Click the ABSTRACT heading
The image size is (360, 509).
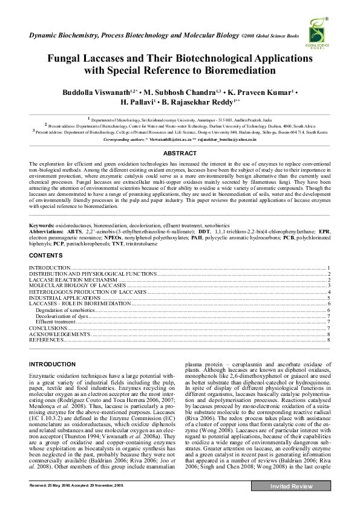(x=180, y=154)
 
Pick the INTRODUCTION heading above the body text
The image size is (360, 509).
(x=53, y=365)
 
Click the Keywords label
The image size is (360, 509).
(x=42, y=225)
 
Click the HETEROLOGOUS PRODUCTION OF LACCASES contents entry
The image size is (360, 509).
(x=88, y=291)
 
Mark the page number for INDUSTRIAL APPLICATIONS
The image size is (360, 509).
(x=328, y=298)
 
